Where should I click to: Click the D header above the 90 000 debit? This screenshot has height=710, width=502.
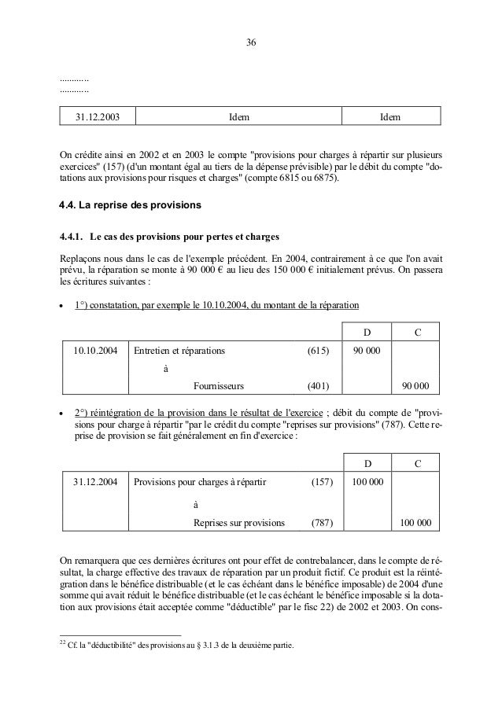click(x=367, y=333)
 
